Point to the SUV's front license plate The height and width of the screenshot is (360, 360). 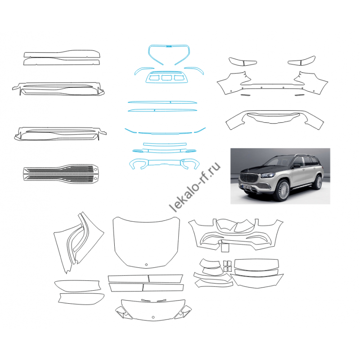247,187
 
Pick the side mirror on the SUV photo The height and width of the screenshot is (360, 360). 296,165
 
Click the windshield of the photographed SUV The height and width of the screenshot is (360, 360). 278,162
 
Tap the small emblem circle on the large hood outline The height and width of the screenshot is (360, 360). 146,265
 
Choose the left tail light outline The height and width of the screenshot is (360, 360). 243,62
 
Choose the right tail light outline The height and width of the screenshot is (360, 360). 301,61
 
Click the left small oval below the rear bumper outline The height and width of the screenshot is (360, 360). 244,94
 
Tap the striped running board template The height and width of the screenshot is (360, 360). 61,173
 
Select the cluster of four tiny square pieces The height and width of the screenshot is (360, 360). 227,266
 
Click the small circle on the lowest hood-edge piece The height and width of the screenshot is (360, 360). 153,317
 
